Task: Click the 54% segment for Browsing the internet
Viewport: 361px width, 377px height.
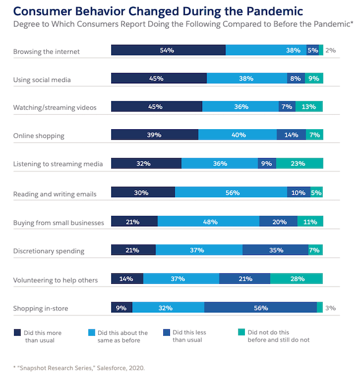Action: click(x=168, y=50)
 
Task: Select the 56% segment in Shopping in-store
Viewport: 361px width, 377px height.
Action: click(x=260, y=308)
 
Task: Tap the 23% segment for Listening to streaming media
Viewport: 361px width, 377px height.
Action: click(x=299, y=163)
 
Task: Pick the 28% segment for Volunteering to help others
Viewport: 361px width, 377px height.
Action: click(x=296, y=279)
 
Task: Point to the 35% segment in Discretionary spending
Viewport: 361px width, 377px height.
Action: click(x=275, y=250)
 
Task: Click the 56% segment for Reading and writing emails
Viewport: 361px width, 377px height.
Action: click(x=231, y=192)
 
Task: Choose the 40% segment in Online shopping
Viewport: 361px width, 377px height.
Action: click(x=237, y=135)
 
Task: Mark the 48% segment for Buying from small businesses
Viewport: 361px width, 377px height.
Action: click(x=208, y=222)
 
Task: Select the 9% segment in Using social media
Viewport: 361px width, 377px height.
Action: click(x=314, y=78)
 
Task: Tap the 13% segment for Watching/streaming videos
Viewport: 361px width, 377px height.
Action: click(x=309, y=106)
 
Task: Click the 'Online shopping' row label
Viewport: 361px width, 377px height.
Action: click(x=39, y=136)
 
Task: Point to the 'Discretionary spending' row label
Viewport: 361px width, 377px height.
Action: click(x=49, y=251)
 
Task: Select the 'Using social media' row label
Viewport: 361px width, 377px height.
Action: click(x=42, y=80)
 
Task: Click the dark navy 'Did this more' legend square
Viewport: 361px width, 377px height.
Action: click(x=17, y=333)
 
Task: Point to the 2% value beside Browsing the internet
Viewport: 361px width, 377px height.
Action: click(x=330, y=50)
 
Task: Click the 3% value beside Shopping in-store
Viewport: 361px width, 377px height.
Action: click(x=330, y=308)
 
